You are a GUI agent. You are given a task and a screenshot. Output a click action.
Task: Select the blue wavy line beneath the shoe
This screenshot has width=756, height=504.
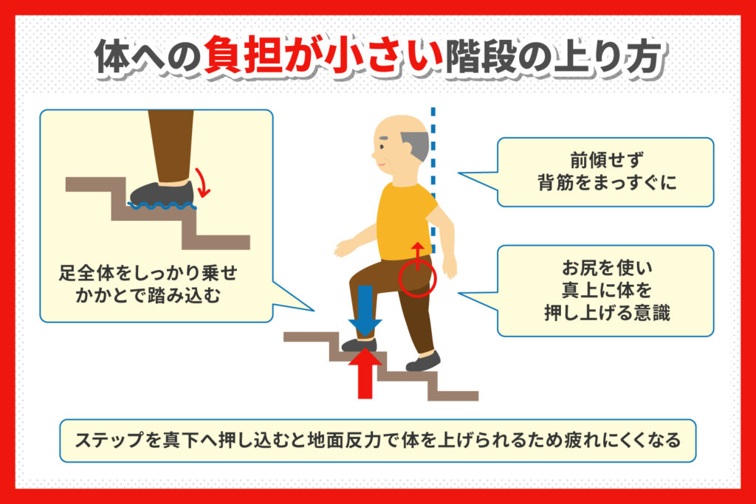pyautogui.click(x=162, y=207)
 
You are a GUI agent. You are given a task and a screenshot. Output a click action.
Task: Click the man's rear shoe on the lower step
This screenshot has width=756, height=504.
pyautogui.click(x=423, y=362)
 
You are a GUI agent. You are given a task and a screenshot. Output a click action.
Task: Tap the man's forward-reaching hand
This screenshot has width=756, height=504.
pyautogui.click(x=341, y=248)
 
